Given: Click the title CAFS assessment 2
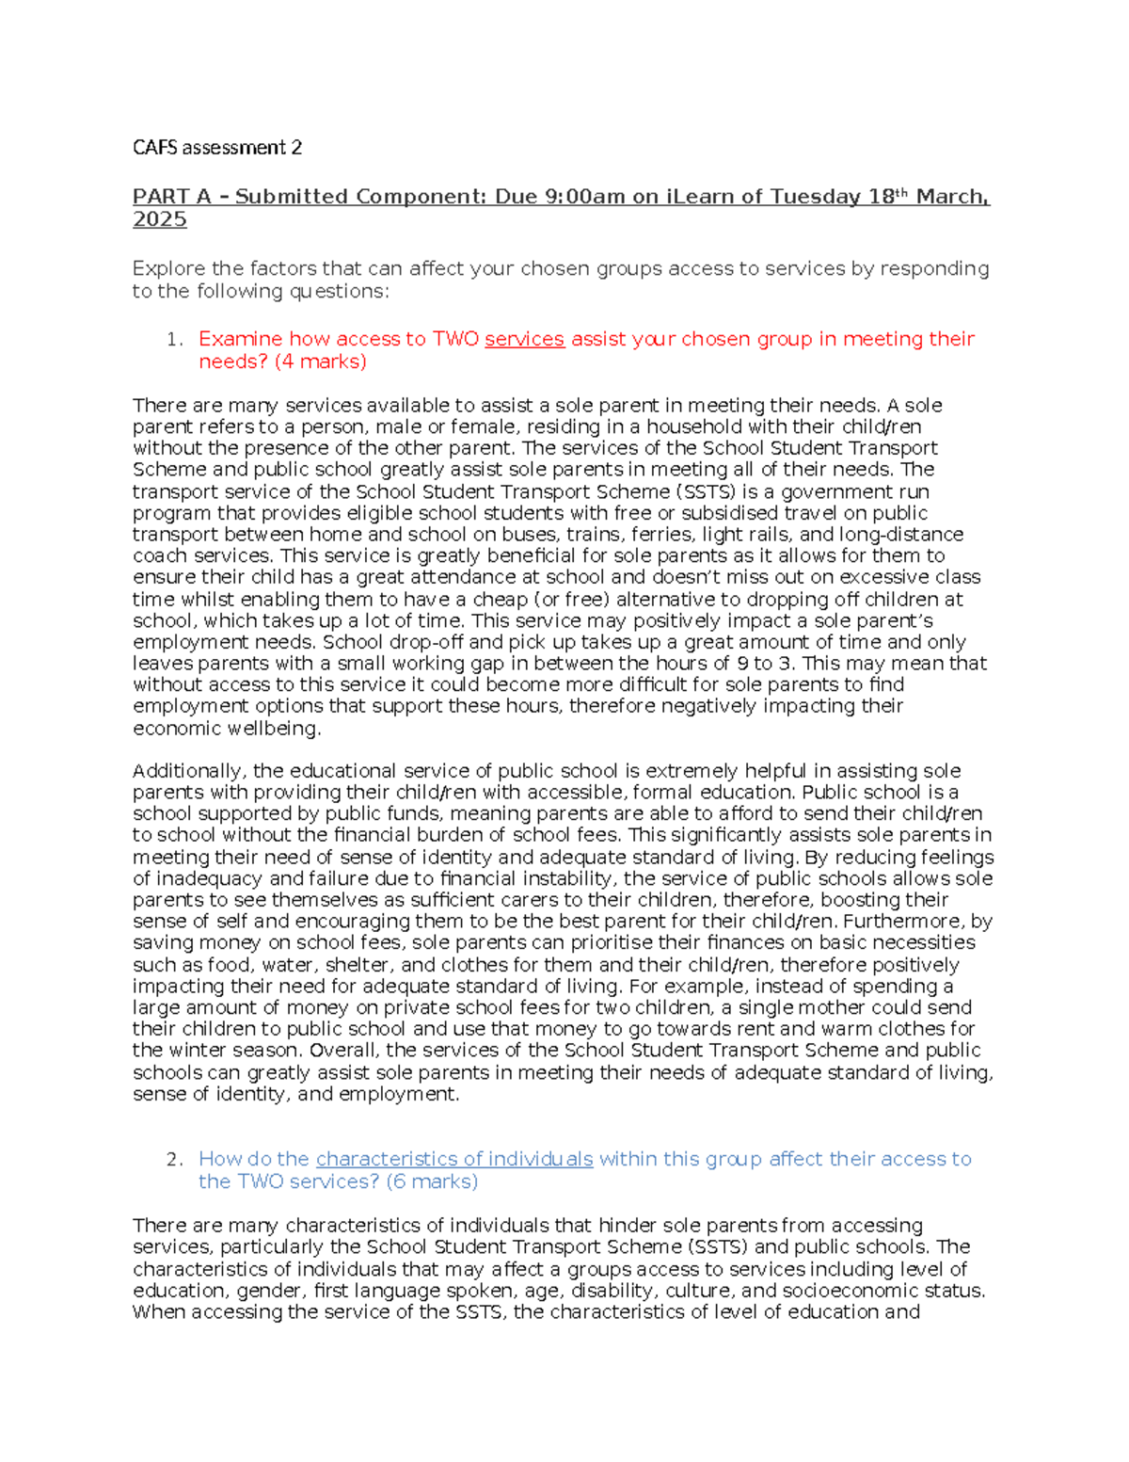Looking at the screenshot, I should point(217,148).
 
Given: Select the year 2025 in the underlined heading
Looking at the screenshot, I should point(159,219).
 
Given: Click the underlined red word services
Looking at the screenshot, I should point(524,339).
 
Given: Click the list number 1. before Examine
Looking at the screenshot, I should point(174,339).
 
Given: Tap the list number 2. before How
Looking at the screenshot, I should point(174,1159).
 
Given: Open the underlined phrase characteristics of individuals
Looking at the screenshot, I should point(454,1159).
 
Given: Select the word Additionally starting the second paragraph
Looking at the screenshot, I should point(190,771).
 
